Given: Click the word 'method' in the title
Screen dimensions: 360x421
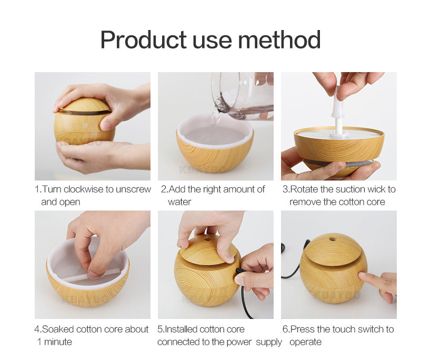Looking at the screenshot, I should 279,39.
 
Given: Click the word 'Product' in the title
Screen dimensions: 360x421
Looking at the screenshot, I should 143,39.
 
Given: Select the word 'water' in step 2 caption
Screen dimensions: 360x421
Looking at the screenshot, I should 179,202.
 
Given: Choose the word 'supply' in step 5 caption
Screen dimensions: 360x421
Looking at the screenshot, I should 270,342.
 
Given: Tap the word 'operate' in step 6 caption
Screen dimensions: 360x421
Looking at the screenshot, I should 305,342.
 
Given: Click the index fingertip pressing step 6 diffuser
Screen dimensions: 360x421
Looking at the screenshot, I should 362,275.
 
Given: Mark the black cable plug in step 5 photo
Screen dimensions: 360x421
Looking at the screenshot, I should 240,272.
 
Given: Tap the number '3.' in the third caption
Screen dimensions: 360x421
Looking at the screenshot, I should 286,189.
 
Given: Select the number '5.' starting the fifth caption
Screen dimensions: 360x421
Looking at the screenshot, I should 161,329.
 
